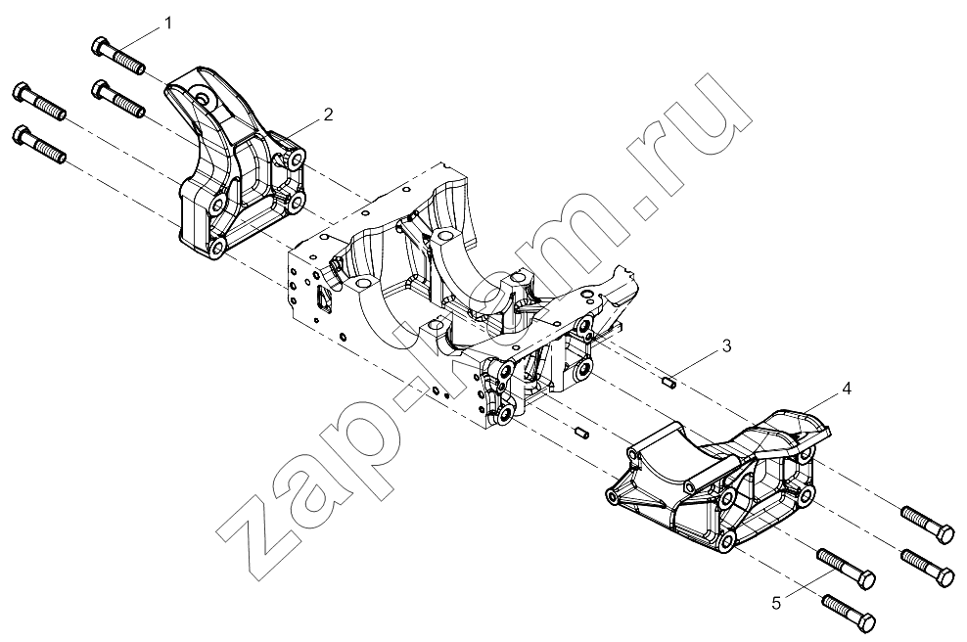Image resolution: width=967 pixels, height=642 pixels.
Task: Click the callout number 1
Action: (167, 23)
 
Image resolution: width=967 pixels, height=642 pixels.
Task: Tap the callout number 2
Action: (328, 115)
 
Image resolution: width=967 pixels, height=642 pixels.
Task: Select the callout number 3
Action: (726, 346)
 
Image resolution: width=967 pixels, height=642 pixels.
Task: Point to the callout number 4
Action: (847, 389)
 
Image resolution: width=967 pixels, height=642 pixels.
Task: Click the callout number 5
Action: (776, 603)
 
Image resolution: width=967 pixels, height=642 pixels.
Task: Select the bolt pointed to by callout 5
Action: (846, 569)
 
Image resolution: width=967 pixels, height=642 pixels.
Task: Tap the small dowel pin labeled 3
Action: (670, 383)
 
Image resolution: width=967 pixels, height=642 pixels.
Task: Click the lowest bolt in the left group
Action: (39, 144)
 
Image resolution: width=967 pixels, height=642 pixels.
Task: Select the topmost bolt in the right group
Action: (928, 525)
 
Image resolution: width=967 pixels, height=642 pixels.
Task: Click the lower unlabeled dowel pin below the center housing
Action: (581, 433)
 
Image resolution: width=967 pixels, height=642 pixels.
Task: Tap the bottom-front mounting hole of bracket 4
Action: (727, 541)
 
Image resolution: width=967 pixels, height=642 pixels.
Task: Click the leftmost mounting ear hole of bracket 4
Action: (614, 496)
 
